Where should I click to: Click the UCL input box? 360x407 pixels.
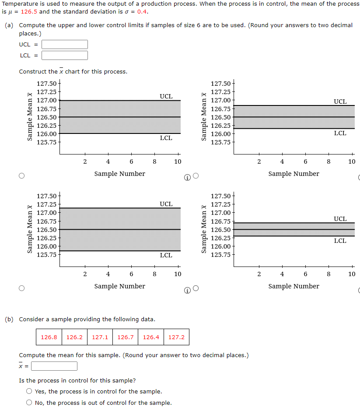[x=65, y=44]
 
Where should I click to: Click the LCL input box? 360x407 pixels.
[x=65, y=55]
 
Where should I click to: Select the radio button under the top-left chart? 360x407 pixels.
[x=22, y=176]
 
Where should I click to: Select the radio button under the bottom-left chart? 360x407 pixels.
[x=22, y=288]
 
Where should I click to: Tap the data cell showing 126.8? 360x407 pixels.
[x=49, y=337]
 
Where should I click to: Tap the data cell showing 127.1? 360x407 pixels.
[x=100, y=337]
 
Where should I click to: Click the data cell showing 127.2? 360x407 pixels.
[x=176, y=337]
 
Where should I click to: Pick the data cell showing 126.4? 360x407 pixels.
[x=151, y=337]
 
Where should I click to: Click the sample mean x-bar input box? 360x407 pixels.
[x=54, y=366]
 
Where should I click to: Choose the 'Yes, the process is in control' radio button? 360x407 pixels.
[x=29, y=391]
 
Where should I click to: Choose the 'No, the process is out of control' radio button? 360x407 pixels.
[x=29, y=403]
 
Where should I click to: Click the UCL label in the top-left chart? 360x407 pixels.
[x=166, y=96]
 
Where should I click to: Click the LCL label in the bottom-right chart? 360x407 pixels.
[x=340, y=241]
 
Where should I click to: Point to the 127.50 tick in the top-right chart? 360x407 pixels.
[x=221, y=84]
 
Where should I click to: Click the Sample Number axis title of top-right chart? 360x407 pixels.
[x=294, y=174]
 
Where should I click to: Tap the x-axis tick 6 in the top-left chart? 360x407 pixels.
[x=131, y=161]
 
